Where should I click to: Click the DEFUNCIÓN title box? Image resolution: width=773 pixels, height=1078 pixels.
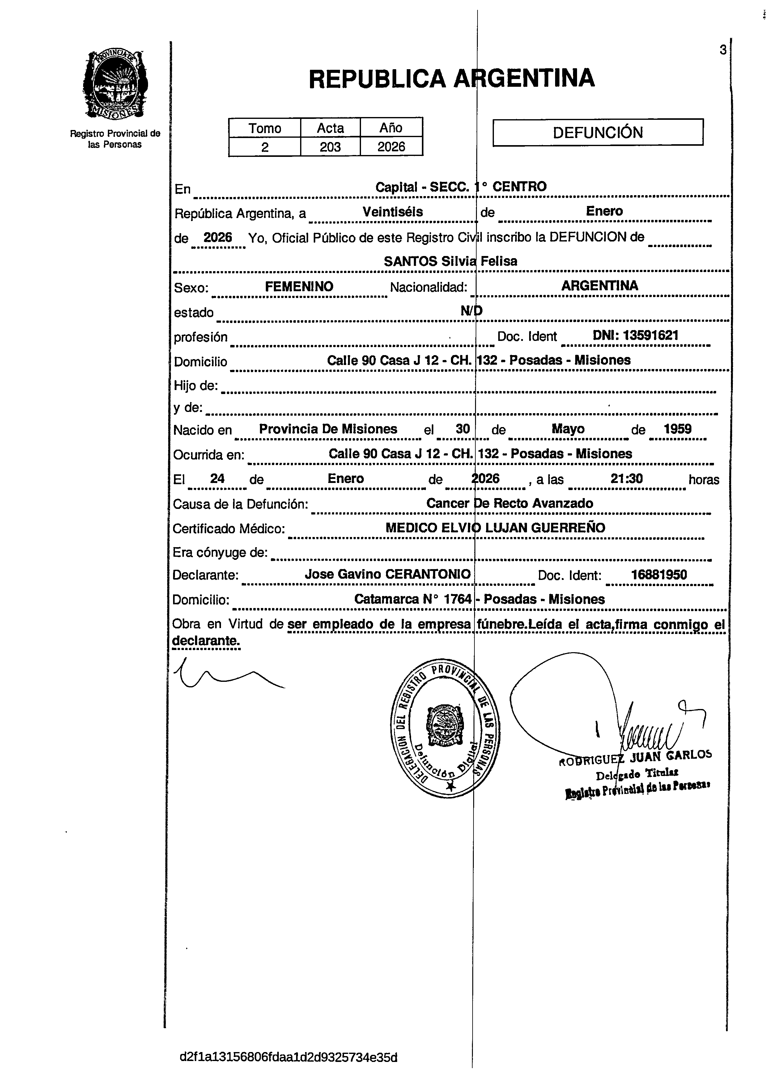597,132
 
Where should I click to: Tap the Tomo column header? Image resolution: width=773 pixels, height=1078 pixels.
265,128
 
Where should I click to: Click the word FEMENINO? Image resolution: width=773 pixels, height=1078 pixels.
299,286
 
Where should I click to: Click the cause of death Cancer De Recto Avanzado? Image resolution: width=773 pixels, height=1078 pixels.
509,503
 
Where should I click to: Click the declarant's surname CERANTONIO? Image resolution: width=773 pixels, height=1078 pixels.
428,574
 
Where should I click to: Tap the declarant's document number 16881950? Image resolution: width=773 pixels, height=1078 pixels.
659,575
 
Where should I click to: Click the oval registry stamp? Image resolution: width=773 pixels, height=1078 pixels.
444,727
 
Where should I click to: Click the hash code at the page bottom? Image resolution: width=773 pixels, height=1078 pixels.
288,1057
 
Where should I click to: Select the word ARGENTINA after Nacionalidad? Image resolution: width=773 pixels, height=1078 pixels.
599,286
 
